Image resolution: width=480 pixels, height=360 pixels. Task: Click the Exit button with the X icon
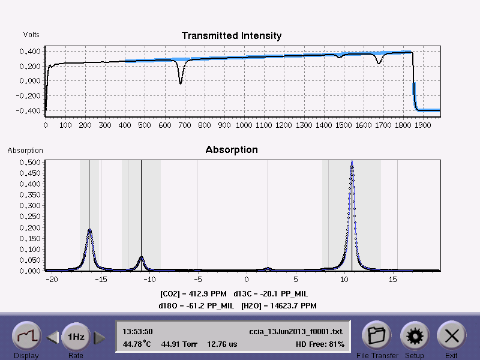(x=451, y=337)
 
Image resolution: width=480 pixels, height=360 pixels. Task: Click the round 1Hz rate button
(x=76, y=337)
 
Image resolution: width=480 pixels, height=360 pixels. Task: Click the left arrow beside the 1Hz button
(x=52, y=338)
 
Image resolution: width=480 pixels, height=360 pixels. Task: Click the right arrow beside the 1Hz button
(x=100, y=338)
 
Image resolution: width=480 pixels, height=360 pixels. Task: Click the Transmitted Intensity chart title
(x=232, y=36)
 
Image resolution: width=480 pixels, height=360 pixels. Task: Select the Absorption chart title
(x=232, y=149)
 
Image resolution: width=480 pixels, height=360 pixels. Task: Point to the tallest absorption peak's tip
(x=352, y=164)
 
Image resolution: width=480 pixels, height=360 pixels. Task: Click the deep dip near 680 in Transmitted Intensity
(x=181, y=82)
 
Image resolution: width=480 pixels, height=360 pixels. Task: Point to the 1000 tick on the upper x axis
(x=244, y=125)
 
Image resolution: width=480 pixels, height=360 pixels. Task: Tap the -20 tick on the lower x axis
(x=52, y=280)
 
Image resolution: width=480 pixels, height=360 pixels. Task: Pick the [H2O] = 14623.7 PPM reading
(x=278, y=306)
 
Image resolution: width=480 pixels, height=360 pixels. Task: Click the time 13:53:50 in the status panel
(x=137, y=331)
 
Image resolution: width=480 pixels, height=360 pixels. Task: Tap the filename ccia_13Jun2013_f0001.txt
(x=296, y=331)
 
